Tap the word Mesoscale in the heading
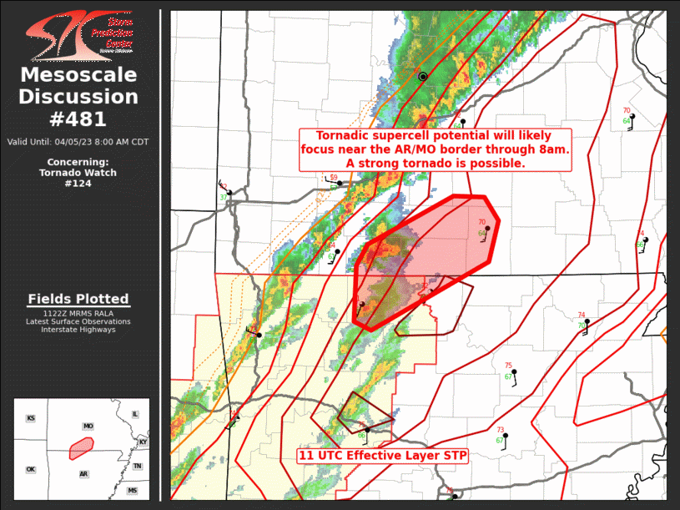click(x=78, y=75)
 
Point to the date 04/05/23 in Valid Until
click(x=74, y=142)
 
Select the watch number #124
click(x=78, y=184)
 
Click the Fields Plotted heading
click(x=78, y=299)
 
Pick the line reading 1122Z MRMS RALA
click(x=78, y=313)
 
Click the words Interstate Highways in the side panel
click(x=78, y=330)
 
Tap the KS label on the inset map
click(x=31, y=418)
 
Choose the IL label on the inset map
click(x=135, y=414)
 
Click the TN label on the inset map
click(x=137, y=467)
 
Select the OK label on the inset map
click(x=31, y=469)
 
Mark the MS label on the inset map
click(x=132, y=491)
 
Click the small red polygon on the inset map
click(x=81, y=448)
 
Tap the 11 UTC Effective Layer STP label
click(x=383, y=456)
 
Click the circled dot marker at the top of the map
click(x=423, y=77)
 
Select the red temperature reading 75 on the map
click(x=508, y=366)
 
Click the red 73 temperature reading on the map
click(x=500, y=430)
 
